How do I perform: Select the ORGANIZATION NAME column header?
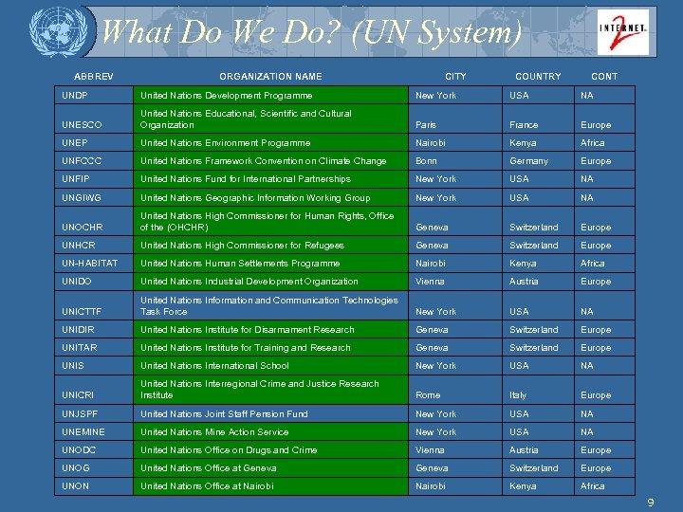coord(270,77)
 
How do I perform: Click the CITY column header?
coord(455,77)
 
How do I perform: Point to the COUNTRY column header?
coord(538,77)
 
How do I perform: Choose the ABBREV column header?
coord(94,77)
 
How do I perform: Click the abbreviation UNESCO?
coord(82,125)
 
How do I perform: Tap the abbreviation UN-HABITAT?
coord(91,264)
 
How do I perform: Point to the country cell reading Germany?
coord(528,161)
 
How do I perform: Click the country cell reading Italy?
coord(519,395)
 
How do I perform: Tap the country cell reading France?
coord(524,125)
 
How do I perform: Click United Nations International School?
coord(214,366)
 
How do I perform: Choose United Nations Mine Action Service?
coord(214,432)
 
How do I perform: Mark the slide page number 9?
coord(651,503)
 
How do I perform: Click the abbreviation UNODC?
coord(81,450)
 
